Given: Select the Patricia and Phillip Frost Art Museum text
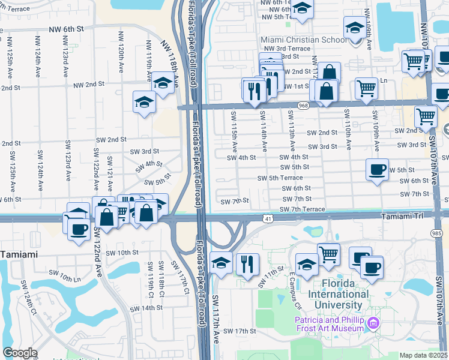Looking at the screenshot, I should pos(330,324).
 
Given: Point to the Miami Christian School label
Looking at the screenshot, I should pos(295,40).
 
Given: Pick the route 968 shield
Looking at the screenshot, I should pos(303,106).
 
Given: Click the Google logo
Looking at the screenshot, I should pos(20,353).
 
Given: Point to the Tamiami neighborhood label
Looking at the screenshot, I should pos(19,254).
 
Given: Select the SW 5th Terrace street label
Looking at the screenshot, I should pos(280,178).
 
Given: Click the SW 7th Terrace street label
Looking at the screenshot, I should pos(302,209).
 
